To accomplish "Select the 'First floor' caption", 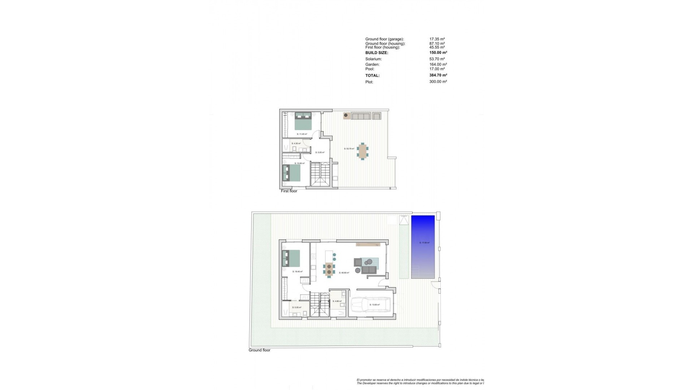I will pyautogui.click(x=289, y=191).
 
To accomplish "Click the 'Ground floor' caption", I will pyautogui.click(x=259, y=350).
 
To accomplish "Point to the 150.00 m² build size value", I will pyautogui.click(x=438, y=53).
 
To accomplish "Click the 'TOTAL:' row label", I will pyautogui.click(x=372, y=75).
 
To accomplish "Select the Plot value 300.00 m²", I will pyautogui.click(x=438, y=82).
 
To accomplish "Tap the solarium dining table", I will pyautogui.click(x=362, y=152).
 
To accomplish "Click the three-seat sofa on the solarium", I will pyautogui.click(x=361, y=116).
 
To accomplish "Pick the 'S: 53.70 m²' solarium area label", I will pyautogui.click(x=349, y=149).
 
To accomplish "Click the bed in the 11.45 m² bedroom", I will pyautogui.click(x=303, y=121).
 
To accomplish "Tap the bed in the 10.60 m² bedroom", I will pyautogui.click(x=291, y=173).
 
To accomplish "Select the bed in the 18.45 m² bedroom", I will pyautogui.click(x=291, y=259).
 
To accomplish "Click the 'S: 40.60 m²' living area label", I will pyautogui.click(x=344, y=273).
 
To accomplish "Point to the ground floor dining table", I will pyautogui.click(x=329, y=269).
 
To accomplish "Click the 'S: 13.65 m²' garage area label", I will pyautogui.click(x=374, y=305).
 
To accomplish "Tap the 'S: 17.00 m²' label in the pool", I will pyautogui.click(x=424, y=243).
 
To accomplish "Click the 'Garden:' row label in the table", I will pyautogui.click(x=372, y=65).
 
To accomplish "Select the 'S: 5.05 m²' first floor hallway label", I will pyautogui.click(x=320, y=153).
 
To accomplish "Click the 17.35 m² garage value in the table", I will pyautogui.click(x=437, y=39).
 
